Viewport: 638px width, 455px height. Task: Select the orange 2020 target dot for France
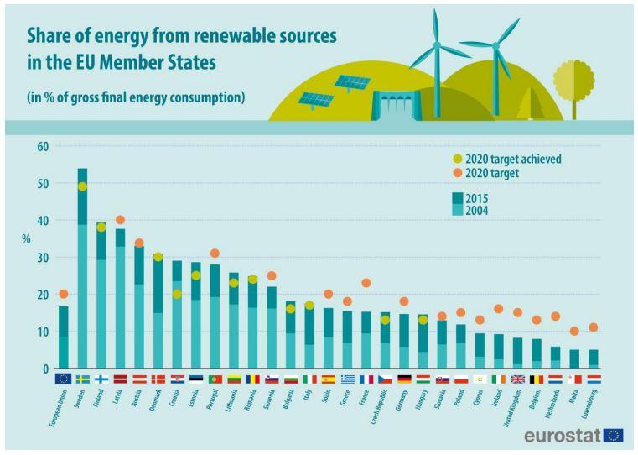pos(366,283)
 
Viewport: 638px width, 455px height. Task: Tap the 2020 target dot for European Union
pos(63,294)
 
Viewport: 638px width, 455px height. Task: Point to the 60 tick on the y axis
pos(41,147)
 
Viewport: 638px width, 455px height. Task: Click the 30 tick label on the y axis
pos(41,258)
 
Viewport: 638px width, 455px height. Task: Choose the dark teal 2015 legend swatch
pos(458,198)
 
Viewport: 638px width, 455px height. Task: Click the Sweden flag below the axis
pos(82,379)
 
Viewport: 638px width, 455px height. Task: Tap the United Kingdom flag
pos(517,379)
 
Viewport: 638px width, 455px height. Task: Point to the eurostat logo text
pos(561,435)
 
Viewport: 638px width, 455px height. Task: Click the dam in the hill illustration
pos(393,107)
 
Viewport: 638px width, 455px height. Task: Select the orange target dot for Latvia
pos(120,220)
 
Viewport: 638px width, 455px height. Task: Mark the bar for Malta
pos(574,358)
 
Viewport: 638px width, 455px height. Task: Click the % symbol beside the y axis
pos(26,239)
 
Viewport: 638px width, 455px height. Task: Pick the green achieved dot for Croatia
pos(177,295)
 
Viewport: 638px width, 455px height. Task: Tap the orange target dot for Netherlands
pos(555,316)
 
